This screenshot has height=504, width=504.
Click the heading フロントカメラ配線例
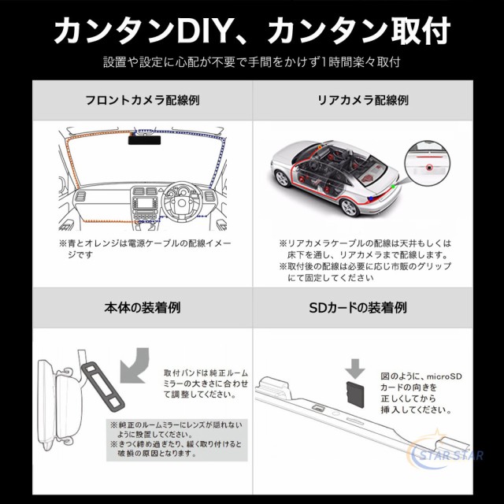pos(143,100)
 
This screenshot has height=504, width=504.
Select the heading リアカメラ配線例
pos(363,100)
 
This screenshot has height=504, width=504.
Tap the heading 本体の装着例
pos(143,308)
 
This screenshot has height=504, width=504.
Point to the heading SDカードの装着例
pos(358,308)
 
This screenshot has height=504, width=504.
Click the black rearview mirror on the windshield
pos(144,140)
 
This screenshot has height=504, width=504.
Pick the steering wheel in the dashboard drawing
pos(182,202)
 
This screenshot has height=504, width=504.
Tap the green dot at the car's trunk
pos(393,187)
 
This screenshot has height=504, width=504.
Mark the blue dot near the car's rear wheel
pos(371,198)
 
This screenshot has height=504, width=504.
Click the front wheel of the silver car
pos(282,179)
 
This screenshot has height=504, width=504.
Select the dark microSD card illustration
pos(355,395)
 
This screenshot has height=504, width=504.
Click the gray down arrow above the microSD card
pos(355,369)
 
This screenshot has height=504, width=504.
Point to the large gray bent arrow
pos(135,365)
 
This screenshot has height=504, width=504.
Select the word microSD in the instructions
pos(444,376)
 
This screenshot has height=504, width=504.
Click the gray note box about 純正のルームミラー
pos(177,439)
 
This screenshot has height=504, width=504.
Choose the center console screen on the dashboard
pos(145,203)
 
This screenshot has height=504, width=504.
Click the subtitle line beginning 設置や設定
pos(252,62)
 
